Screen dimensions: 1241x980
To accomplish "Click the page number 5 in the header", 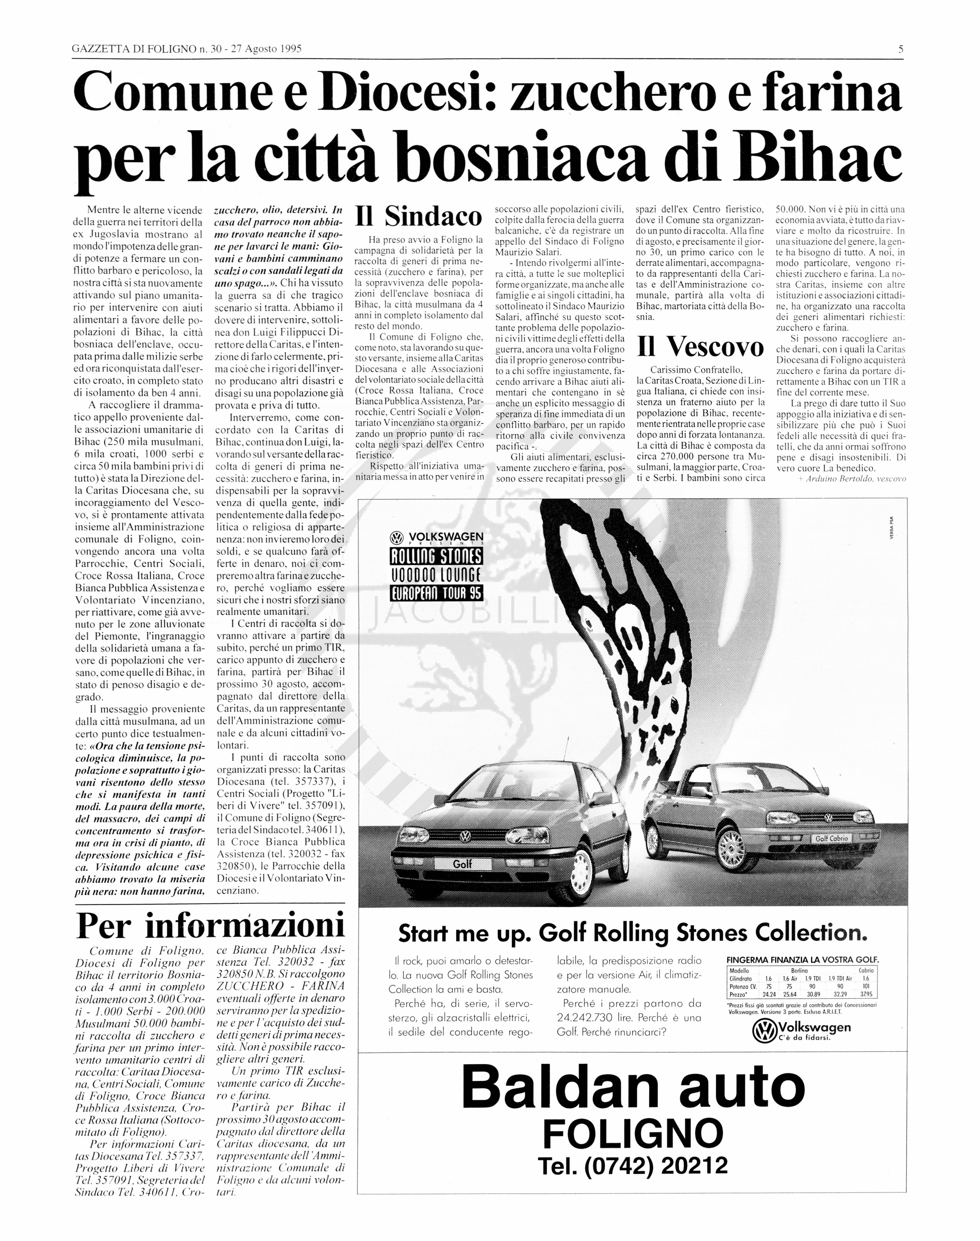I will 901,49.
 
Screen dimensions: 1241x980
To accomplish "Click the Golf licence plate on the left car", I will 463,863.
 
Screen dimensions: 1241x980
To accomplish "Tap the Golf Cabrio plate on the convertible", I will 831,839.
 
